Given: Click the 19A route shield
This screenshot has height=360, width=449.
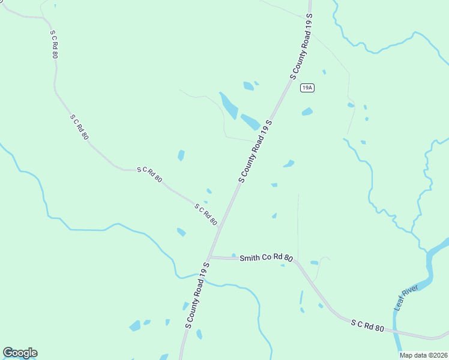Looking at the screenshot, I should pyautogui.click(x=307, y=88).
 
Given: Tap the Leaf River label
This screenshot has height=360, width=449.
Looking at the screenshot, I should pyautogui.click(x=406, y=298).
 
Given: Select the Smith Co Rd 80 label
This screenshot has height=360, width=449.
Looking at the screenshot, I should pyautogui.click(x=266, y=259).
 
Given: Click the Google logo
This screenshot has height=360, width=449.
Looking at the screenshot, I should pyautogui.click(x=20, y=353).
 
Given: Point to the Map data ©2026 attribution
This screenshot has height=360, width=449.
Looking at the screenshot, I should pyautogui.click(x=424, y=355).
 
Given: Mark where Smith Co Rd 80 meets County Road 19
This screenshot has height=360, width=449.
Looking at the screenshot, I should pyautogui.click(x=210, y=257).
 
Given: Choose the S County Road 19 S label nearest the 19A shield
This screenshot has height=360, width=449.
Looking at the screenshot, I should pyautogui.click(x=302, y=46).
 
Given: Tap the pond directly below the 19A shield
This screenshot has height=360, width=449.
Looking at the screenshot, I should pyautogui.click(x=307, y=112).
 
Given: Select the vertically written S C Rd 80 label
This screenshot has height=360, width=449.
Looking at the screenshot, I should pyautogui.click(x=54, y=44).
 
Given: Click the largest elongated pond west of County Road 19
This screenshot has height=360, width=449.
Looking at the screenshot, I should pyautogui.click(x=229, y=106).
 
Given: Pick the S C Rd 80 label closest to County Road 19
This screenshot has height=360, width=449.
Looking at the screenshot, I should pyautogui.click(x=205, y=214).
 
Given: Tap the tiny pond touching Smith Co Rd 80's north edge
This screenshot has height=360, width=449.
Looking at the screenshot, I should pyautogui.click(x=234, y=256).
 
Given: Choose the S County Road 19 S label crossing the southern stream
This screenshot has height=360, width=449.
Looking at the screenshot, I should pyautogui.click(x=197, y=295).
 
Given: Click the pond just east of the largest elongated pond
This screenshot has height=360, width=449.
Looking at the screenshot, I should pyautogui.click(x=250, y=122).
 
